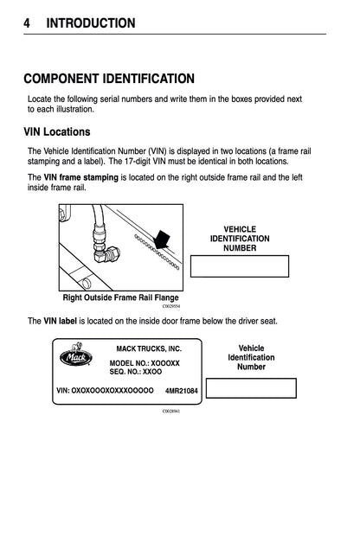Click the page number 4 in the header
point(28,23)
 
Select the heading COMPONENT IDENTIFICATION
point(108,79)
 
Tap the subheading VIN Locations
point(56,133)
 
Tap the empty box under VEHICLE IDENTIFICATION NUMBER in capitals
point(239,266)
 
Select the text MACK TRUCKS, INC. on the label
point(149,348)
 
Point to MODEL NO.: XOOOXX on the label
point(145,363)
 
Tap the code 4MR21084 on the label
point(182,391)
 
